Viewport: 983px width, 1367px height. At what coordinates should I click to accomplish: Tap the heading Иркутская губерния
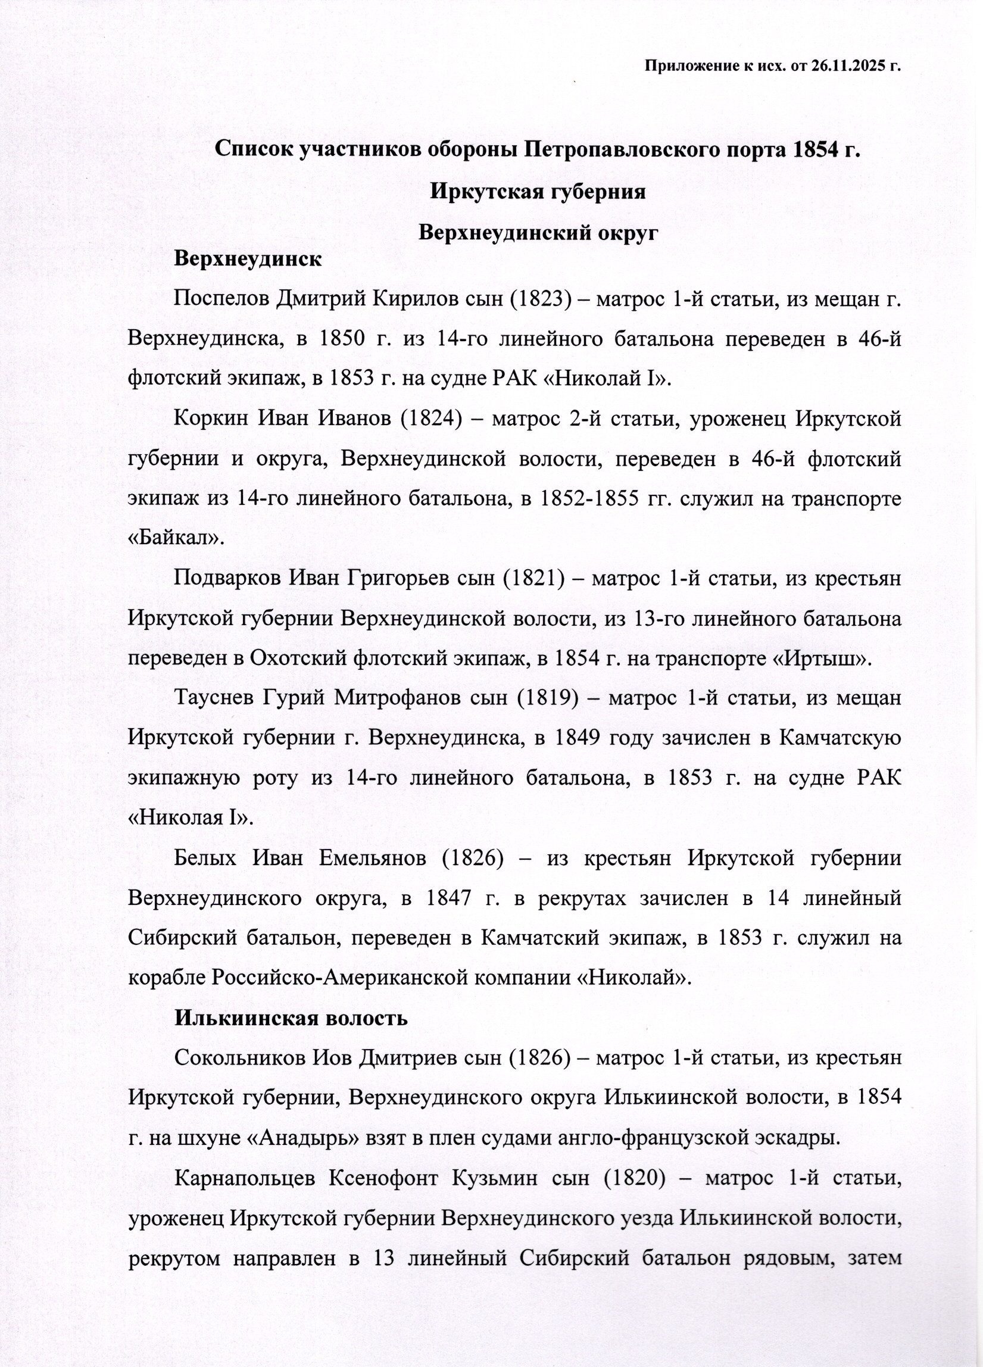pos(538,192)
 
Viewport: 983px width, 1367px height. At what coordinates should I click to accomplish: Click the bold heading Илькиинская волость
pos(291,1018)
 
